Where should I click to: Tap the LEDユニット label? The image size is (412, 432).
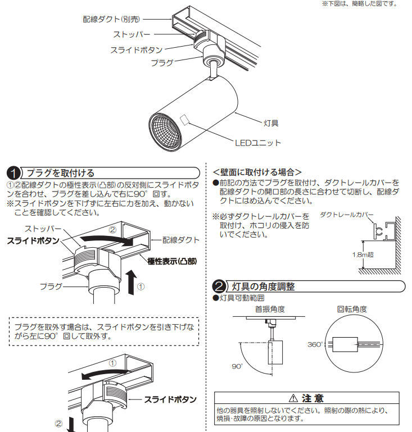(x=257, y=143)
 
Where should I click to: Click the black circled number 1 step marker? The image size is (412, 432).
(x=13, y=173)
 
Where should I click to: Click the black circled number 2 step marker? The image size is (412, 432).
(x=220, y=287)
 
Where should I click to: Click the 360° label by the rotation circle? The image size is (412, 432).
(x=315, y=344)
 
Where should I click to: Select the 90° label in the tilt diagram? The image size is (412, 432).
(x=237, y=366)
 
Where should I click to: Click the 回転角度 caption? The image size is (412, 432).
(x=352, y=308)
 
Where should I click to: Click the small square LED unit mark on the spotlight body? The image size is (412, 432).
(x=185, y=120)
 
